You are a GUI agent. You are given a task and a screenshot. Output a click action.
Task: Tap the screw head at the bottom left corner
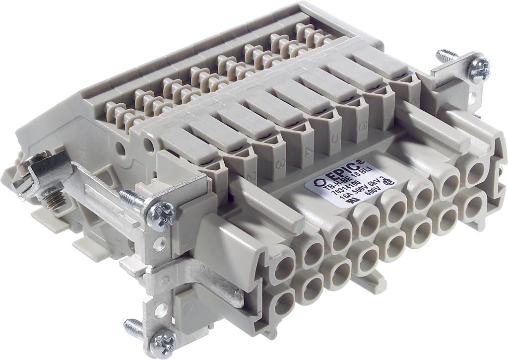(163, 342)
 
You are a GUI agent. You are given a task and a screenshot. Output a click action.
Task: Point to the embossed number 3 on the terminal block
(281, 162)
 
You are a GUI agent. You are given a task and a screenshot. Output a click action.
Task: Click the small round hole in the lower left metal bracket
(159, 312)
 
